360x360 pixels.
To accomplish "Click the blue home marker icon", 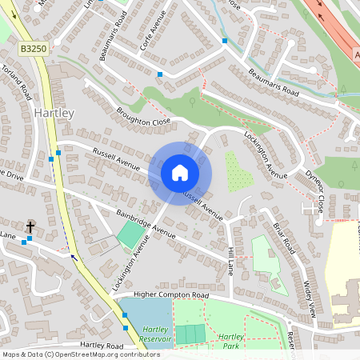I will (180, 172).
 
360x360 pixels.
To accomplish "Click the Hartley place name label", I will (54, 114).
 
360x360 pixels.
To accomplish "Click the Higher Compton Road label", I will (171, 295).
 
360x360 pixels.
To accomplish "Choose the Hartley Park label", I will (230, 342).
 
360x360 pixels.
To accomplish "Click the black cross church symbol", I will (30, 227).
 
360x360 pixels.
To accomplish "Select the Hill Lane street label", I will (230, 262).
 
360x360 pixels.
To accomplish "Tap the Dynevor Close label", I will (314, 192).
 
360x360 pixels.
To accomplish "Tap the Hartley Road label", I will (102, 345).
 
